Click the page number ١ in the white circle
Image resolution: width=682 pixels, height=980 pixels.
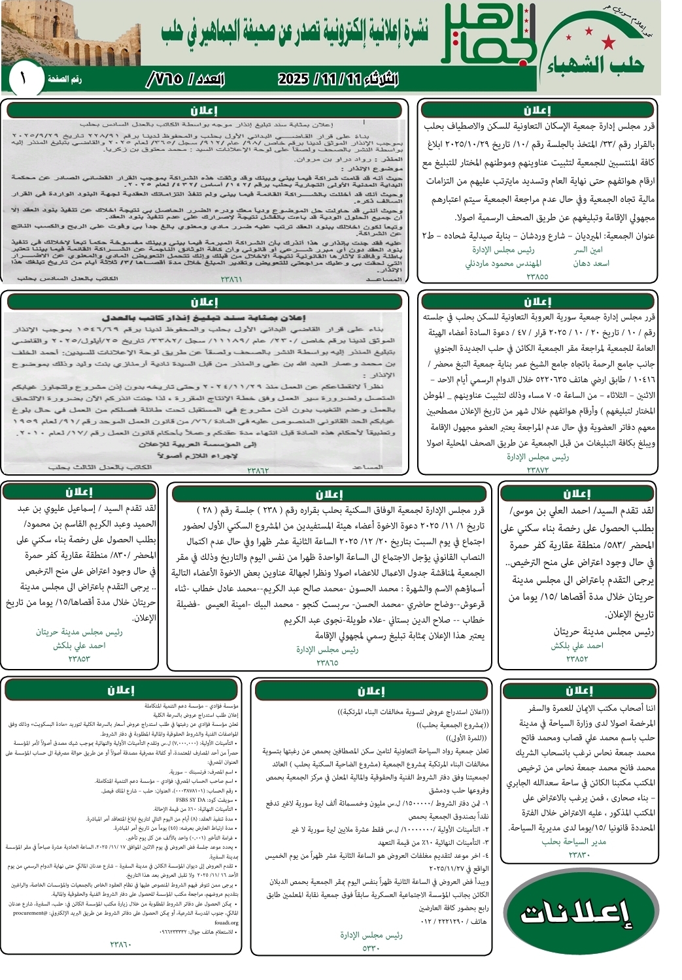(x=23, y=79)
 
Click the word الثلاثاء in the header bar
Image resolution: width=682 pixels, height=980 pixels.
(x=372, y=80)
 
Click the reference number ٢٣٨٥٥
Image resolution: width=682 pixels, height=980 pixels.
(x=537, y=276)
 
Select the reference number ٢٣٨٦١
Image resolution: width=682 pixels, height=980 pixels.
(x=231, y=280)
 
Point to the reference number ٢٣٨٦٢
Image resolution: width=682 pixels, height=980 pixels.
(x=258, y=470)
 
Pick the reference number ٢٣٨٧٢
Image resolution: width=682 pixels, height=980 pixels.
(x=537, y=470)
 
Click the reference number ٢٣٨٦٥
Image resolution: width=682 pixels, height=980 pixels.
(x=327, y=662)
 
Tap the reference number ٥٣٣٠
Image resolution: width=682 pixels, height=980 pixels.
(x=370, y=948)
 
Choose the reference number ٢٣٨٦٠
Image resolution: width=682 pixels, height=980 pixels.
(x=121, y=944)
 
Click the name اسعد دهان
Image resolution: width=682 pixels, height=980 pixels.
(x=591, y=263)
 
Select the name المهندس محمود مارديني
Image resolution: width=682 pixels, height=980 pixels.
(x=503, y=263)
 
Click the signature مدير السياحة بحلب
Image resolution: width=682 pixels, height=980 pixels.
(x=573, y=841)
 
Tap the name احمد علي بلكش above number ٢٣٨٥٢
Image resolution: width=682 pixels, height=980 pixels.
(x=577, y=645)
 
